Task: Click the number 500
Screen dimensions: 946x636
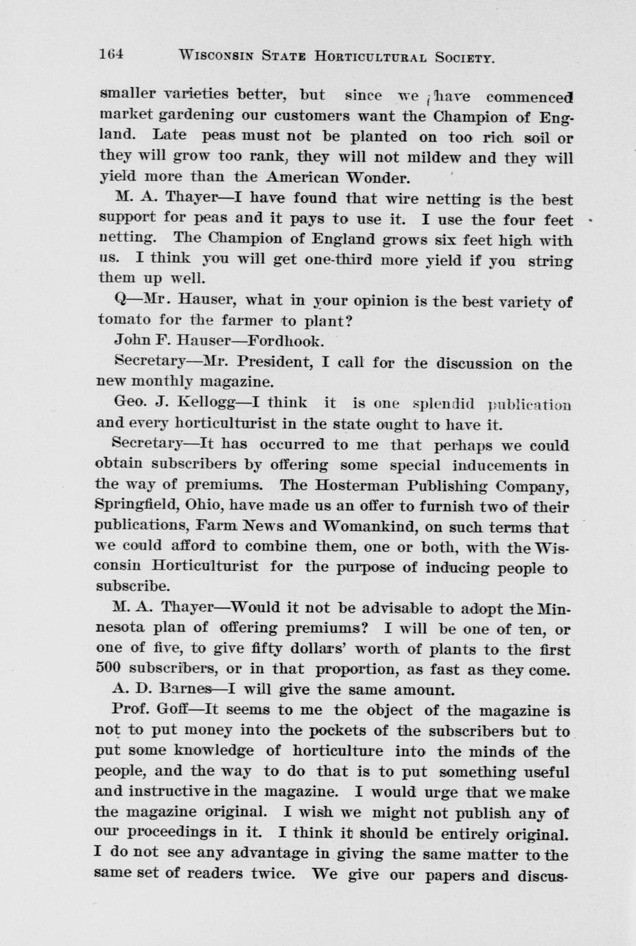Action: [x=109, y=669]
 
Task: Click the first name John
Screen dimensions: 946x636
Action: [x=128, y=340]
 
